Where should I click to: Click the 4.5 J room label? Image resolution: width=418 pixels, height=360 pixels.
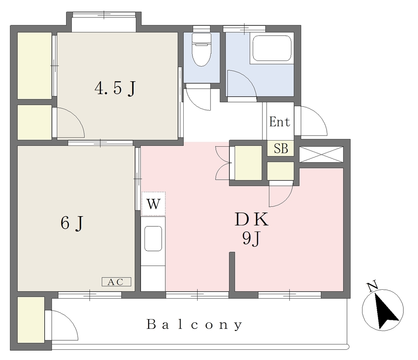pyautogui.click(x=115, y=88)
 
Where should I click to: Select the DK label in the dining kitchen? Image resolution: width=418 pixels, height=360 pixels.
pyautogui.click(x=251, y=220)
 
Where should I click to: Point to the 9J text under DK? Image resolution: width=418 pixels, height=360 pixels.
pyautogui.click(x=251, y=239)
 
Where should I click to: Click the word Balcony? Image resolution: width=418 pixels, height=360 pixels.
pyautogui.click(x=195, y=325)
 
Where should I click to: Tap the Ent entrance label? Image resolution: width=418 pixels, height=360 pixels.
pyautogui.click(x=279, y=122)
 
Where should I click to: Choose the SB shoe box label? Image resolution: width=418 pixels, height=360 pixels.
pyautogui.click(x=281, y=148)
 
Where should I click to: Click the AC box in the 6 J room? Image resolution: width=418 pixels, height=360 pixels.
pyautogui.click(x=116, y=282)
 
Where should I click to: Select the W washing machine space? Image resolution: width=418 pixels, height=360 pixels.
pyautogui.click(x=153, y=204)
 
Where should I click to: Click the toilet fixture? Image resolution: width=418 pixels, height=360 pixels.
pyautogui.click(x=202, y=49)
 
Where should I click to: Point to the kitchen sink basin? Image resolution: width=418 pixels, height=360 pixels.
pyautogui.click(x=153, y=239)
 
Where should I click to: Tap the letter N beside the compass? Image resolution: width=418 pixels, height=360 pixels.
pyautogui.click(x=372, y=286)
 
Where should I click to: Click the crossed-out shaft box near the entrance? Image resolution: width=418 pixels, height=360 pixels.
pyautogui.click(x=321, y=154)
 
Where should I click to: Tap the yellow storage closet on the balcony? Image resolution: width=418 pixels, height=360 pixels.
pyautogui.click(x=31, y=320)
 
